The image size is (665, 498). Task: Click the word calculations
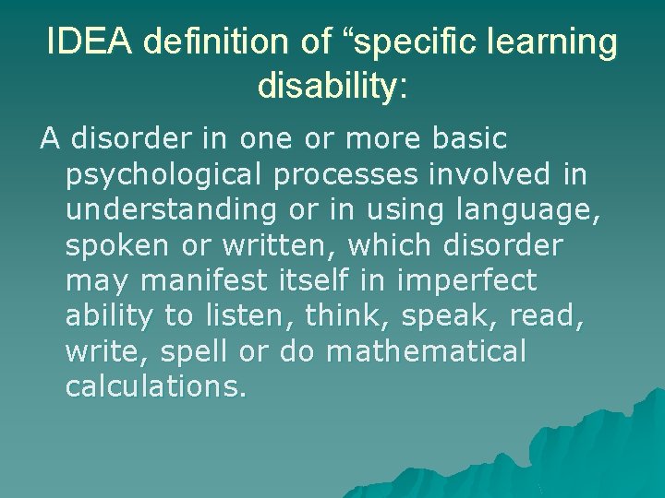click(x=155, y=385)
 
